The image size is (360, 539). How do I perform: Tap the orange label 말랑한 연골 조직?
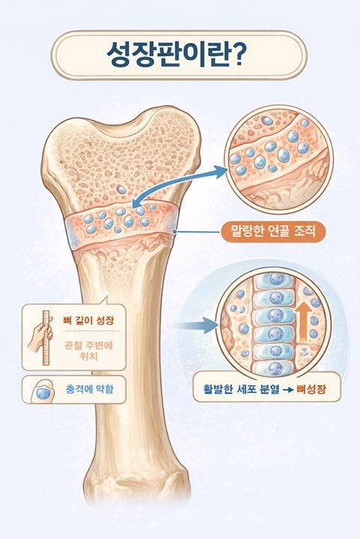273,232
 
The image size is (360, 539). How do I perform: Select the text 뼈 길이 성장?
88,321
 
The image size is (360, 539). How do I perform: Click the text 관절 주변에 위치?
88,350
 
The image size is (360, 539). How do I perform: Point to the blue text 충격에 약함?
89,389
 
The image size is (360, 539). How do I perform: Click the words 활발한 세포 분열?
241,390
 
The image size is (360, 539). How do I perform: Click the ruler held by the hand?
46,337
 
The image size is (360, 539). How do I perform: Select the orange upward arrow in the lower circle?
303,322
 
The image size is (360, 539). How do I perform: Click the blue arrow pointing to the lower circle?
194,325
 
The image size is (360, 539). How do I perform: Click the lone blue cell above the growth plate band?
121,190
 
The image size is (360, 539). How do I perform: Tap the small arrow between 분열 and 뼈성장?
288,390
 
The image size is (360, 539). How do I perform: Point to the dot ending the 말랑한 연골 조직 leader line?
175,232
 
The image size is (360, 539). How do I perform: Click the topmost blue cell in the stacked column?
275,279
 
